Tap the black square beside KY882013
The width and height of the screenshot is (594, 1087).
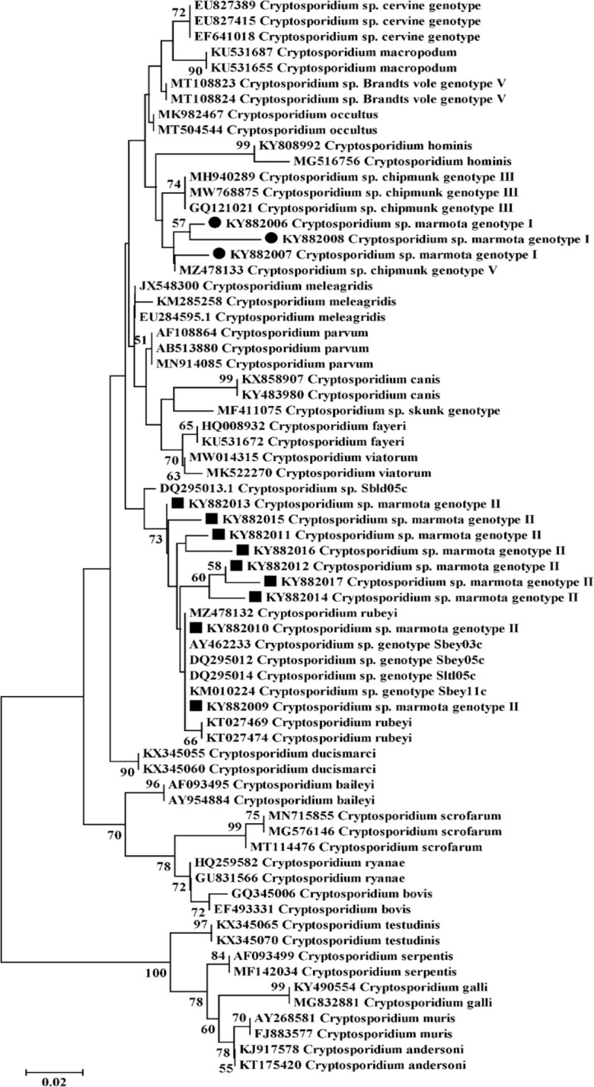177,504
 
